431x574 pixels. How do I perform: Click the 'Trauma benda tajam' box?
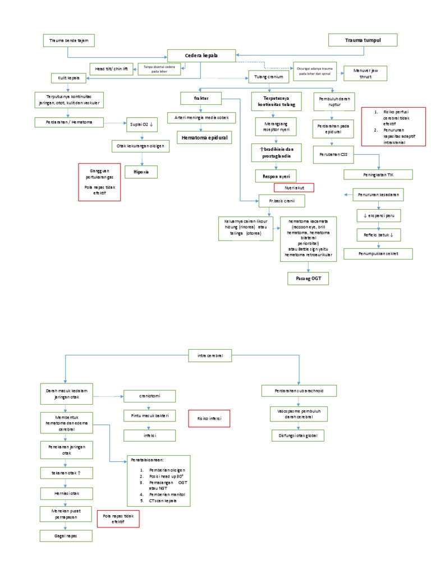pyautogui.click(x=68, y=40)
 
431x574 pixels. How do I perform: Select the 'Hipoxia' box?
pyautogui.click(x=141, y=172)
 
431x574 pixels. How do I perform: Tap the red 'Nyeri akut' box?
pyautogui.click(x=294, y=188)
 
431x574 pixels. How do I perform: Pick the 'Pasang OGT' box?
pyautogui.click(x=308, y=278)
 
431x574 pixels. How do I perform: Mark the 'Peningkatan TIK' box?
pyautogui.click(x=378, y=174)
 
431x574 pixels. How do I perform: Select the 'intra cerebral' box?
pyautogui.click(x=210, y=355)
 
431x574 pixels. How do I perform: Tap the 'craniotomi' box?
pyautogui.click(x=150, y=396)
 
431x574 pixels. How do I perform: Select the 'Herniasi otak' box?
pyautogui.click(x=66, y=493)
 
